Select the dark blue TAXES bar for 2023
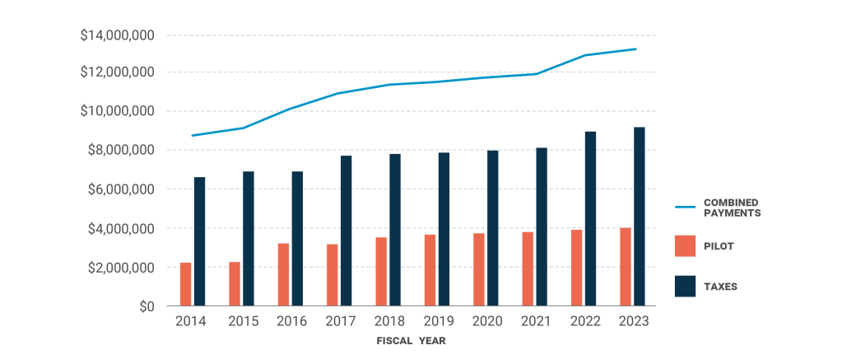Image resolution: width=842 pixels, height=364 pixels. (x=640, y=217)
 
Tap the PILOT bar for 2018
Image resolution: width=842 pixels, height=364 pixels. (x=381, y=272)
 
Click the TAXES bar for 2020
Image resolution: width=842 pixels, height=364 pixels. (x=493, y=228)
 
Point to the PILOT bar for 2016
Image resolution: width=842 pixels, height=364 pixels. (x=284, y=274)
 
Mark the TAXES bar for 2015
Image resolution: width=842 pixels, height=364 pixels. (x=249, y=239)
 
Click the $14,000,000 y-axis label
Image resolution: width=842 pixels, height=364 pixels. (x=117, y=35)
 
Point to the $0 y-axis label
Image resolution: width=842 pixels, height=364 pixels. (x=145, y=306)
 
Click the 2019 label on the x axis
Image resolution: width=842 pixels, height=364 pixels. (x=436, y=321)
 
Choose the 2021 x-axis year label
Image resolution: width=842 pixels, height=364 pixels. (x=534, y=321)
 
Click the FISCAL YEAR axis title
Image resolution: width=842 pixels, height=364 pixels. (x=412, y=340)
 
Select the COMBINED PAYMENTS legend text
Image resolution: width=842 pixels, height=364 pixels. (x=731, y=208)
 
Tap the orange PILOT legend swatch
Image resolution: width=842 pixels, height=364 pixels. (x=686, y=245)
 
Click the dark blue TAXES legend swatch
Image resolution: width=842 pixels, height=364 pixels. (x=686, y=287)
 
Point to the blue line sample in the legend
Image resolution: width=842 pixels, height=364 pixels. (x=685, y=208)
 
